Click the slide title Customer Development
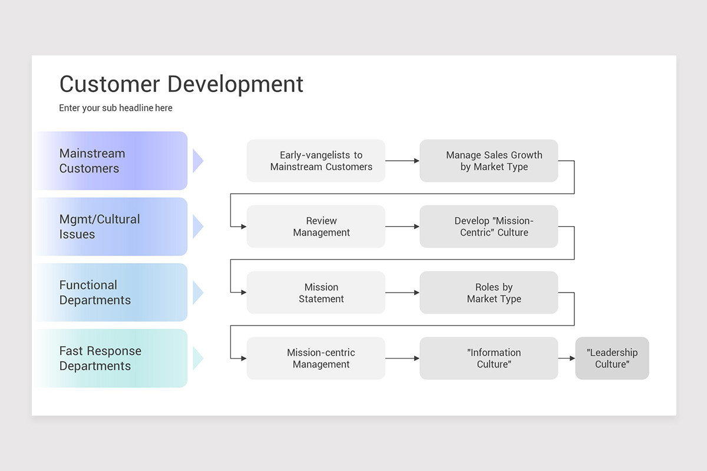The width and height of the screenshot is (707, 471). [181, 84]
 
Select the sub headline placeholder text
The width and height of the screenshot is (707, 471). [115, 108]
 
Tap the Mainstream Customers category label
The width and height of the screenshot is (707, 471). [92, 161]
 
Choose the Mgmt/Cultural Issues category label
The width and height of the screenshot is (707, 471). [100, 227]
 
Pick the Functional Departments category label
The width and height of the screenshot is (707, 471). [95, 293]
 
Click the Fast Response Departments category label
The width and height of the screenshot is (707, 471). [100, 359]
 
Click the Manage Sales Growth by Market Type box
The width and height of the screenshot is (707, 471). [488, 161]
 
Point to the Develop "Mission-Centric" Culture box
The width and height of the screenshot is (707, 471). [488, 227]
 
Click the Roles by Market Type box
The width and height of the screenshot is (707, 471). [488, 293]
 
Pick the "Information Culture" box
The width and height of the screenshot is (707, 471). [488, 359]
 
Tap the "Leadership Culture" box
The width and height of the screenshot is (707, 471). [612, 359]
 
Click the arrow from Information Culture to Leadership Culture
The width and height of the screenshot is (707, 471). [567, 359]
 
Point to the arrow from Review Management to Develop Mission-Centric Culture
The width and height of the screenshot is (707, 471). [402, 227]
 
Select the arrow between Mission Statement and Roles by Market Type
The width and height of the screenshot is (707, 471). [402, 293]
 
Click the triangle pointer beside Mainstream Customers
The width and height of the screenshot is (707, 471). [197, 161]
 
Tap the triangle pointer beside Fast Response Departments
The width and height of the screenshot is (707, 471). [197, 359]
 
